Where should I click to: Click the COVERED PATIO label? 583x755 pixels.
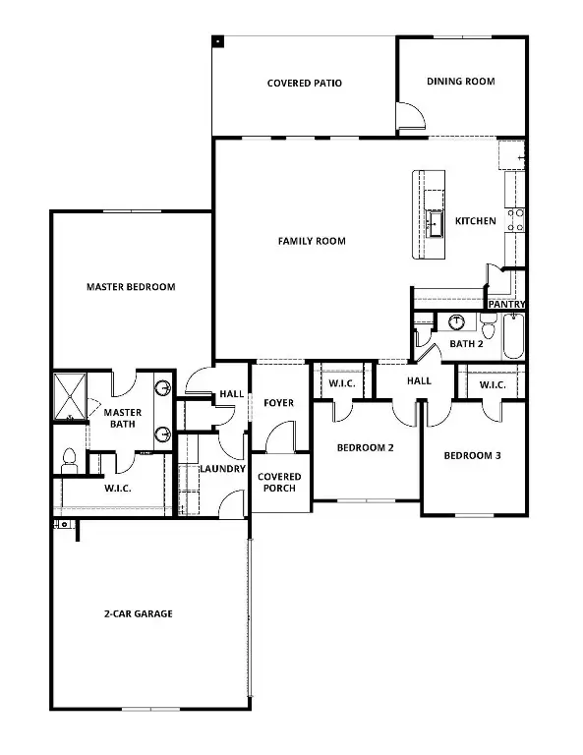coord(304,84)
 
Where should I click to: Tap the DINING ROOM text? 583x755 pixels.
coord(460,82)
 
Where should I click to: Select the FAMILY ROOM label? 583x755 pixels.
coord(312,241)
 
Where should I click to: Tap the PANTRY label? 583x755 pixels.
coord(506,305)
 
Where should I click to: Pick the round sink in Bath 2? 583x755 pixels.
coord(456,322)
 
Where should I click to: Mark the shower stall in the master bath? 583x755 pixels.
coord(71,398)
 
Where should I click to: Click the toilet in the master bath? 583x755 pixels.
coord(69,457)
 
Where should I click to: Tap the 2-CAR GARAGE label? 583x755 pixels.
coord(139,613)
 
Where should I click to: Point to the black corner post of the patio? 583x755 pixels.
coord(217,41)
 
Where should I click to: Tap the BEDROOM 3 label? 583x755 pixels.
coord(473,456)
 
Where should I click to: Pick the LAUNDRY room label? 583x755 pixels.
coord(222,469)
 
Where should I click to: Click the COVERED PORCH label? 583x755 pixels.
coord(279,483)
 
